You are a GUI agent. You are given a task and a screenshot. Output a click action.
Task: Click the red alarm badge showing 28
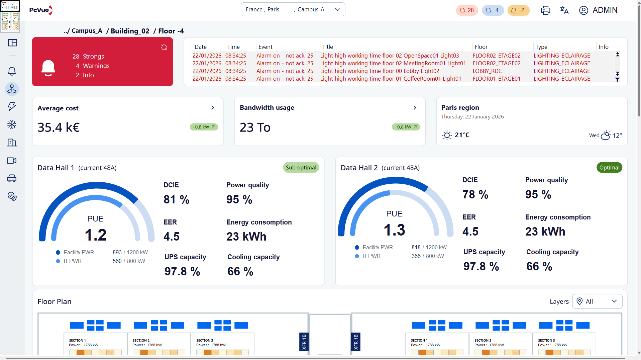coord(467,10)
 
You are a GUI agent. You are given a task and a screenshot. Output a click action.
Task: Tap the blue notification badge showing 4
coord(493,10)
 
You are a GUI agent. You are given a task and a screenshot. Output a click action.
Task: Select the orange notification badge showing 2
coord(519,10)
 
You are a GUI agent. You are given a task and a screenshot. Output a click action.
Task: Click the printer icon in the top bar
coord(545,10)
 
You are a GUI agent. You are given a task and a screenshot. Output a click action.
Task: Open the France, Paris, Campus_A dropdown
coord(293,9)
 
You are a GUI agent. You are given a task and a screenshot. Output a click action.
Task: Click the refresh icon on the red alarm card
coord(164,47)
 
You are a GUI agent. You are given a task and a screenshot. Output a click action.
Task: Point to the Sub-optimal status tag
coord(301,168)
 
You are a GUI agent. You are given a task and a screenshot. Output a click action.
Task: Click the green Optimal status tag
coord(609,168)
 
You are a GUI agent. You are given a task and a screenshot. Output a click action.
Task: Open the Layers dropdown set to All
coord(597,301)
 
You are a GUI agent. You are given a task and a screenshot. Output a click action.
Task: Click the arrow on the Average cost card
coord(213,108)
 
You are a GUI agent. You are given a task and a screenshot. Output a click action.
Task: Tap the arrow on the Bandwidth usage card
coord(415,108)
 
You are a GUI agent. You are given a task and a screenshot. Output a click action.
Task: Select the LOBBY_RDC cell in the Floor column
coord(487,71)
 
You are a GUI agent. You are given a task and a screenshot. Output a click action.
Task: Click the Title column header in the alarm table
coord(327,47)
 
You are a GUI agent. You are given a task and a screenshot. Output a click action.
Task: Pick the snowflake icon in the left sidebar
coord(12,125)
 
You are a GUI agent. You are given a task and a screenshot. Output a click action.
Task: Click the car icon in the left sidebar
coord(12,178)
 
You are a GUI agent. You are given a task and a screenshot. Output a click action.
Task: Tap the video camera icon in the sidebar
coord(12,161)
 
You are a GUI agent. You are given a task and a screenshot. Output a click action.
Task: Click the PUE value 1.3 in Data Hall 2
coord(395,230)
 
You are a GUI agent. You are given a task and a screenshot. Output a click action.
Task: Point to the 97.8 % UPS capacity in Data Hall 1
coord(182,271)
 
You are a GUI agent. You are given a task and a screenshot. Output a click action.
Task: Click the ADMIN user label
coord(605,10)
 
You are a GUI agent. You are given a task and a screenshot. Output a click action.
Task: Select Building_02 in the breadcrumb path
coord(130,31)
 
